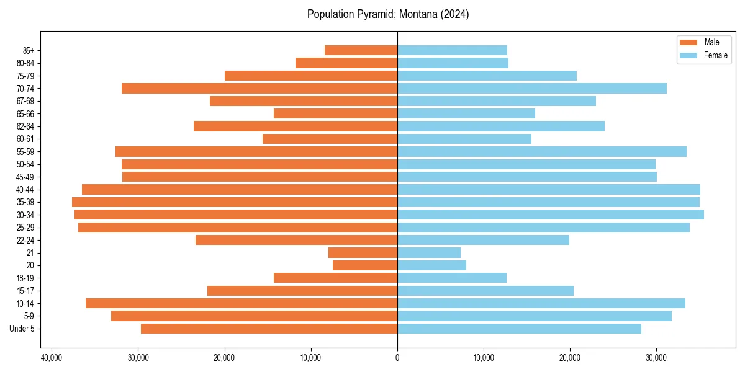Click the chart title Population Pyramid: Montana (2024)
388,14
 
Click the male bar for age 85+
361,50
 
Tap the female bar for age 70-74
532,88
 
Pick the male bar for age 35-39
235,202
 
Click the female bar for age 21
429,252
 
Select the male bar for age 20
365,265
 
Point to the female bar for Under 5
519,329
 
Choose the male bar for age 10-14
242,303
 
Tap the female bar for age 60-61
464,139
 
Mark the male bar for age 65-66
335,113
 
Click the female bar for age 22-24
483,240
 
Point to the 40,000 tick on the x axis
52,357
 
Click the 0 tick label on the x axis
397,357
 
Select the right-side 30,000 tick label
656,357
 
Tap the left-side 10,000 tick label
310,357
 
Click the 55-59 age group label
25,152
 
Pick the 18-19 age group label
25,278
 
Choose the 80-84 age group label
25,63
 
